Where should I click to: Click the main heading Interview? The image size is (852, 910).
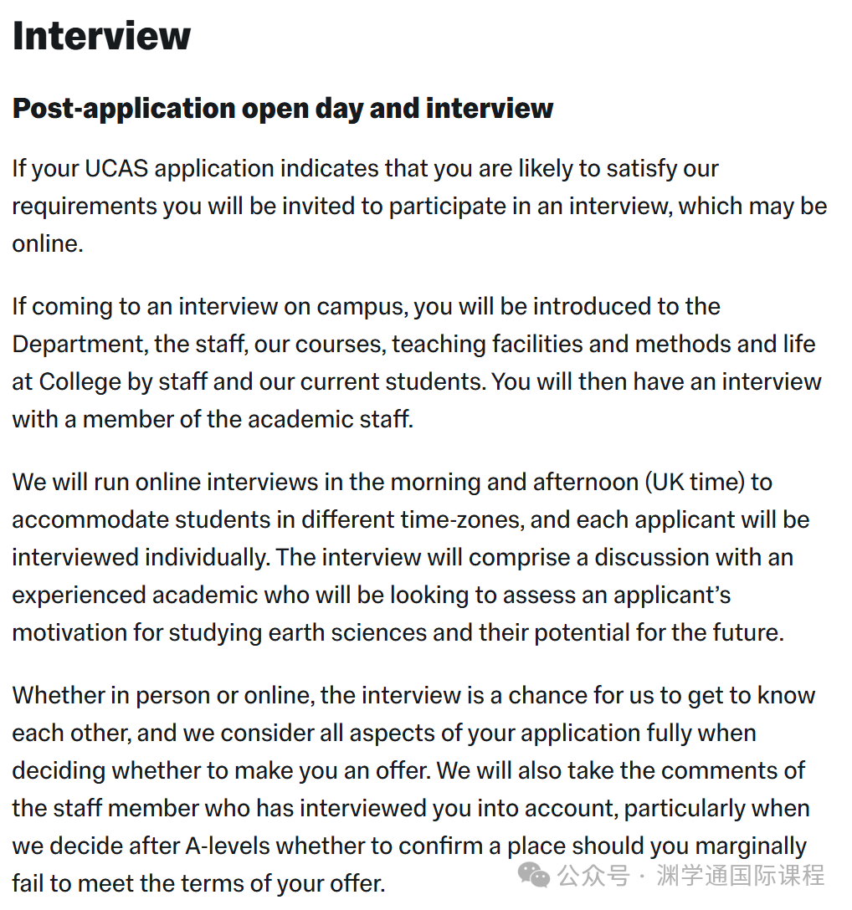click(101, 36)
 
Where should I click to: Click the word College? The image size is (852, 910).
click(80, 381)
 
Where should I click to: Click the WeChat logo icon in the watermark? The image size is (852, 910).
click(533, 875)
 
